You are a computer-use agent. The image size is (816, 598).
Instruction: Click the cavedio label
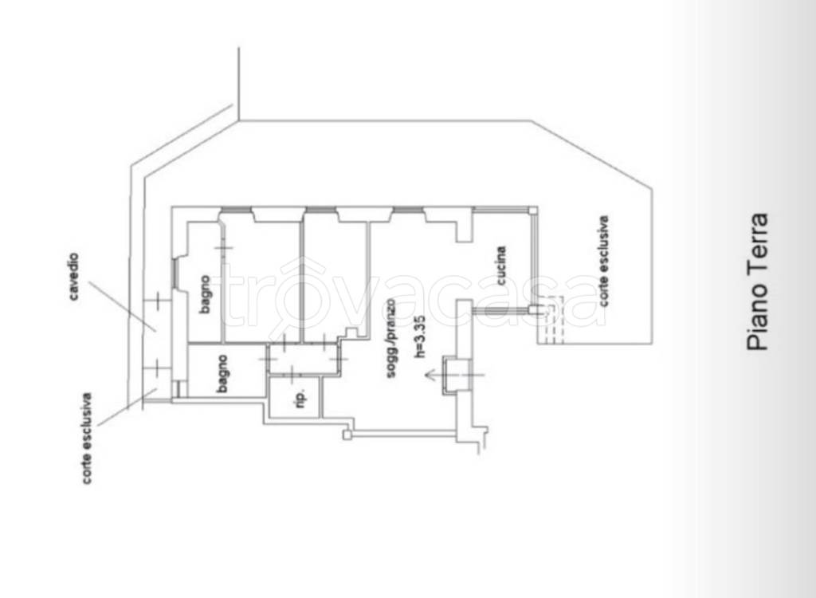(x=73, y=277)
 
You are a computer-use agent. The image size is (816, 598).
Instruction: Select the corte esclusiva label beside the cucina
(x=603, y=261)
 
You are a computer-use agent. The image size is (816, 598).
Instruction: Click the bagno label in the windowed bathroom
(x=205, y=294)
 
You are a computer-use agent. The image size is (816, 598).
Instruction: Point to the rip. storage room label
(x=300, y=399)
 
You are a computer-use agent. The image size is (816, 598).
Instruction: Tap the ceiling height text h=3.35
(x=419, y=336)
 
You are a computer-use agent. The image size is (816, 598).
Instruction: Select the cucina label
(x=500, y=266)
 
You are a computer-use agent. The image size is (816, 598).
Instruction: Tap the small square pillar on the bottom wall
(x=347, y=435)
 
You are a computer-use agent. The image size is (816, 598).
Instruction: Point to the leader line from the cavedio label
(x=122, y=307)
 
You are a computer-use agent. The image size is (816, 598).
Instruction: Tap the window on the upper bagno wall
(x=175, y=272)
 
